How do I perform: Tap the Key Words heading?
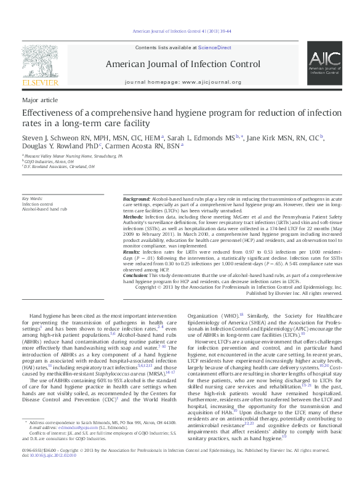tap(33, 199)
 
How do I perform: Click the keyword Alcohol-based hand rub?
tap(46, 209)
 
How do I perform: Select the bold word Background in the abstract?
tap(136, 199)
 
